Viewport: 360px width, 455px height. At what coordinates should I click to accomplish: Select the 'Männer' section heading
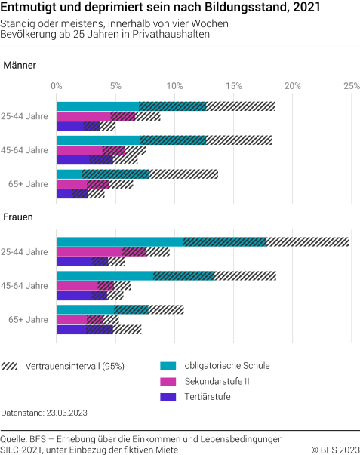pos(20,66)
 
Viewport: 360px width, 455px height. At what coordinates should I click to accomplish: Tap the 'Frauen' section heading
pos(18,218)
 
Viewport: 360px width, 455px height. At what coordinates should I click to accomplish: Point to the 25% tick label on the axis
pos(351,86)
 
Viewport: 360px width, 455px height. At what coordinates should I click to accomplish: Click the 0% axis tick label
pos(57,86)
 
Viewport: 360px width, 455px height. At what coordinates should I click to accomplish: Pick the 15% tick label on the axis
pos(233,86)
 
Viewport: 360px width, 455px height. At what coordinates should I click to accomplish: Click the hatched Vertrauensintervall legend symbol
pos(11,366)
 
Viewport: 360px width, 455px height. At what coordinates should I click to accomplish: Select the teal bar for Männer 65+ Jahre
pos(69,174)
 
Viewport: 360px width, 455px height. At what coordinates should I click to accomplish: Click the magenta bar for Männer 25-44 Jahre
pos(84,116)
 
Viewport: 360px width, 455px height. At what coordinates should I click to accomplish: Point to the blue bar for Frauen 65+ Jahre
pos(71,329)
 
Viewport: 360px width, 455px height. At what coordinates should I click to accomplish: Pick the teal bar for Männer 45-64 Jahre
pos(98,140)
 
